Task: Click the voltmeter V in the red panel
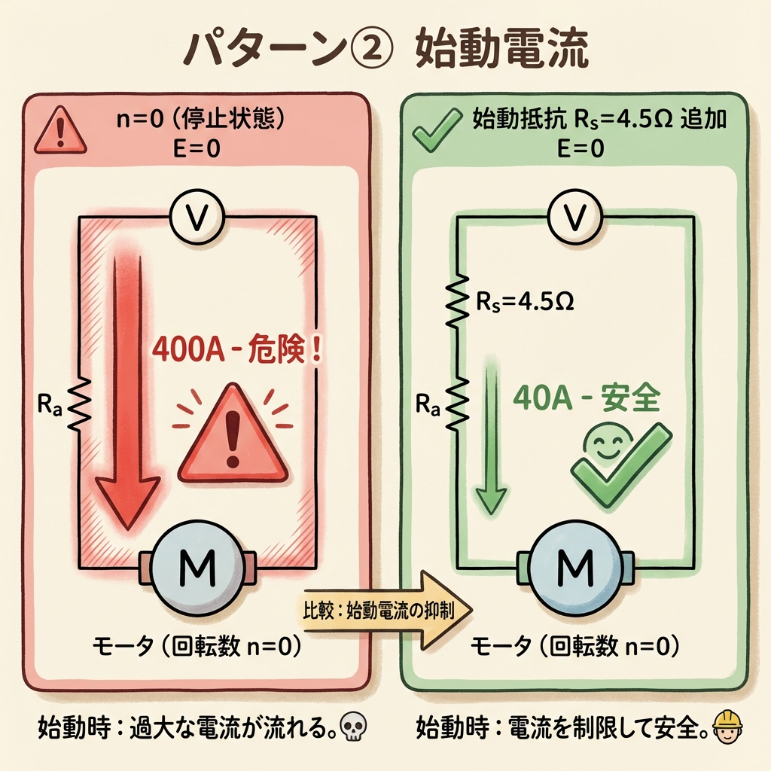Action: [x=198, y=217]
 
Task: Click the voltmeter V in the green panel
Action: [x=574, y=217]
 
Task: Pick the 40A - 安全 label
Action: [x=585, y=399]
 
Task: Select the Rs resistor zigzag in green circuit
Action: [x=457, y=303]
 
